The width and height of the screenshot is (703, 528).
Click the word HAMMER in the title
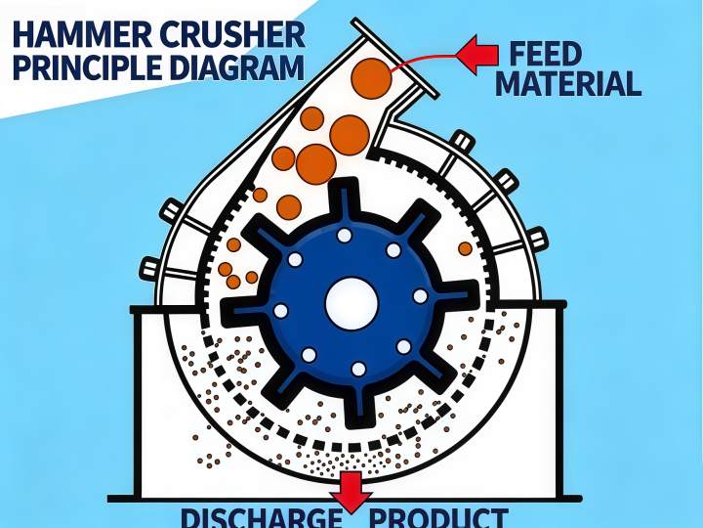click(82, 34)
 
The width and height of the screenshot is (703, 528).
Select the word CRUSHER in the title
click(232, 34)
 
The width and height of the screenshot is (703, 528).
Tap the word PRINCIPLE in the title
click(88, 66)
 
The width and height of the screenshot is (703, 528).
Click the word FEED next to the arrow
click(545, 54)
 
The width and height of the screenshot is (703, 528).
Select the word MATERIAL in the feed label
click(568, 83)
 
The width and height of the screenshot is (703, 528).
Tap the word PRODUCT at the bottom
click(438, 518)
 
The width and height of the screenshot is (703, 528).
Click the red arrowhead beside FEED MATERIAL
click(477, 55)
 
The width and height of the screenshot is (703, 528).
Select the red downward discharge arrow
click(351, 492)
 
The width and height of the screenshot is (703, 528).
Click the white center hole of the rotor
click(351, 303)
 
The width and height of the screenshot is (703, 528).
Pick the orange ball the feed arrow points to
click(371, 78)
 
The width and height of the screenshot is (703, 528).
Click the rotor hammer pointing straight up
click(345, 198)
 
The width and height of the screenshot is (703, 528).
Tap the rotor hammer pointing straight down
click(358, 407)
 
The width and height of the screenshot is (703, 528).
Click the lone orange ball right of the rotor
click(465, 248)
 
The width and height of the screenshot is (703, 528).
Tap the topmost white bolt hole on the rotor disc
click(345, 236)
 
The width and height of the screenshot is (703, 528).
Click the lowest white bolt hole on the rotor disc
click(358, 369)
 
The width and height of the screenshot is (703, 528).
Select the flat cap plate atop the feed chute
click(394, 59)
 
